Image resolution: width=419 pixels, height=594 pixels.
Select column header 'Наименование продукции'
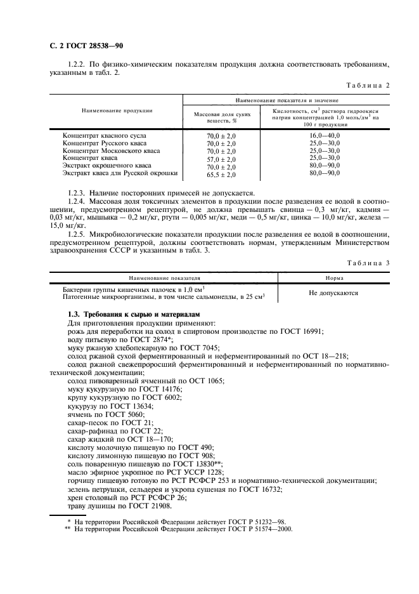tap(117, 110)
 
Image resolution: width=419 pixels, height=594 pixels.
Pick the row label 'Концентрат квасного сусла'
tap(104, 136)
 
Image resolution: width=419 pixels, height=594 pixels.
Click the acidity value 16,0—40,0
tap(325, 136)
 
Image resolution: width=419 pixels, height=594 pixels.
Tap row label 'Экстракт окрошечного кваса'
tap(106, 166)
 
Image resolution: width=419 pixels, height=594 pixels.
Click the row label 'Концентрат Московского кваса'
tap(110, 151)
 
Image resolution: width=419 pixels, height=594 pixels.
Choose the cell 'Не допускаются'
tap(333, 293)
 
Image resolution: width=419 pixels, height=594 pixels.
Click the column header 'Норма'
tap(334, 278)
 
